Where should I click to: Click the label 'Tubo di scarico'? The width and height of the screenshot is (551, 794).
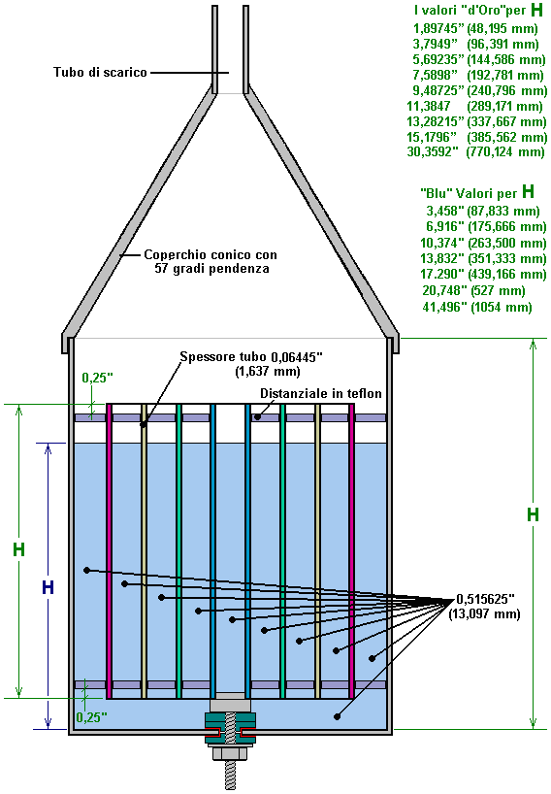click(x=100, y=73)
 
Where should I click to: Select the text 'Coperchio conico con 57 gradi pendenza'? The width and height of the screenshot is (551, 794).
click(x=211, y=261)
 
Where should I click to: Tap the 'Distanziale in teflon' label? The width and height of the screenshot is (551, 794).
click(x=321, y=393)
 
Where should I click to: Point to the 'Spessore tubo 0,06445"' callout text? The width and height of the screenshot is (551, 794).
click(x=251, y=357)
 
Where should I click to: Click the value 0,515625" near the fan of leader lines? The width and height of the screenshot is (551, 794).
click(x=485, y=599)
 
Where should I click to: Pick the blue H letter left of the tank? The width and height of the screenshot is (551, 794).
click(x=48, y=587)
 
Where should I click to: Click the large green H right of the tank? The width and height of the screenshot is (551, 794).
click(x=533, y=514)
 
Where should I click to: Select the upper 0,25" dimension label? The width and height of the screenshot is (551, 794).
click(x=97, y=378)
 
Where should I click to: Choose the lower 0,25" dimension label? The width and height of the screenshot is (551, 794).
click(x=91, y=717)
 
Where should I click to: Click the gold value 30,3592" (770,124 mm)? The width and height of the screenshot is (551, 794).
click(x=475, y=152)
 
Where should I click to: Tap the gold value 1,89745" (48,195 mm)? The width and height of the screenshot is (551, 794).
click(x=475, y=28)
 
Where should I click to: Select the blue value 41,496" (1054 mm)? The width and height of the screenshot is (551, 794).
click(x=477, y=307)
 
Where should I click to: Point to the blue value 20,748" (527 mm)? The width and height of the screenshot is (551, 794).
click(x=473, y=290)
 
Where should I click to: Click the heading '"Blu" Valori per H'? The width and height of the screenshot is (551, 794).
click(x=477, y=192)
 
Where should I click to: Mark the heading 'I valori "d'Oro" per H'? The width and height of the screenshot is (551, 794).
click(x=478, y=10)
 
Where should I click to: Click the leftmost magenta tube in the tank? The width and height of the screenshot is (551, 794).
click(x=109, y=551)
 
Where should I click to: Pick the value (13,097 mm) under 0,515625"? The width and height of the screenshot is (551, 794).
click(x=484, y=614)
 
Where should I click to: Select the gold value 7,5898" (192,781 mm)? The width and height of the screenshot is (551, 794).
click(x=478, y=76)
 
